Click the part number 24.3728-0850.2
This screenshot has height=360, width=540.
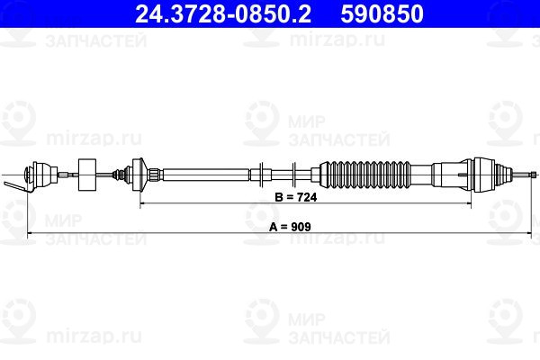coord(223,13)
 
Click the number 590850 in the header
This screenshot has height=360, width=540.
coord(382,13)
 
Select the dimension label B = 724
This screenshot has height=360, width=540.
coord(296,197)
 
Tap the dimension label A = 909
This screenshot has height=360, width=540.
coord(290,227)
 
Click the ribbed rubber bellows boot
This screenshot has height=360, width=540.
coord(365,175)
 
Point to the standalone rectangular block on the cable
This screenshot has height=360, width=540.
coord(87,175)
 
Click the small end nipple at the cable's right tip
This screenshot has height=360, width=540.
coord(534,175)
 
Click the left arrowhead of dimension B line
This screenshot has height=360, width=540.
coord(142,203)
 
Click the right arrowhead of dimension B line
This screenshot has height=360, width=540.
coord(469,203)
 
